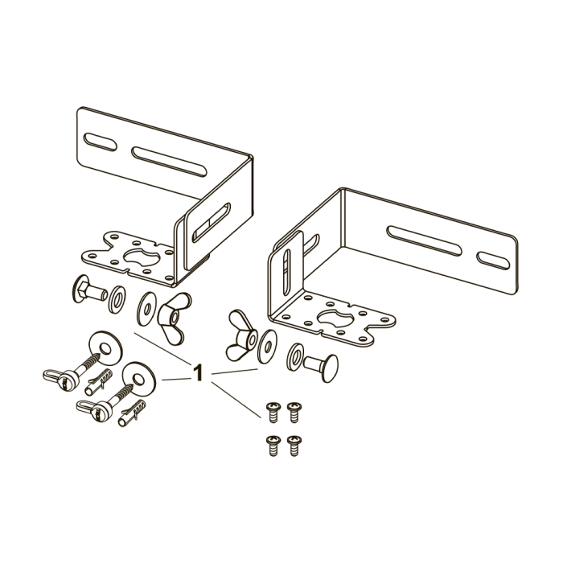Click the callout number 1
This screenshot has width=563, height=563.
point(198,372)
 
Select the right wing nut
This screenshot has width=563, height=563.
point(241,335)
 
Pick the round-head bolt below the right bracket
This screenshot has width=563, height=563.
point(322,367)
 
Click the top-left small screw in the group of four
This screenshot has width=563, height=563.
point(273,412)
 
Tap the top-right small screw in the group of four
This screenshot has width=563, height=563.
point(294,412)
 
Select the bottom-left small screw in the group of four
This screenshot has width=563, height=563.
point(273,446)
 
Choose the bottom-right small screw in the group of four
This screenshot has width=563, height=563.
point(294,446)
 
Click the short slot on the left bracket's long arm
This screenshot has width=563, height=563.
point(101,142)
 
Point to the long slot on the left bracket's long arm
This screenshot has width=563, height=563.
point(169,162)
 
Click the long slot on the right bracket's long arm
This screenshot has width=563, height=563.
point(424,241)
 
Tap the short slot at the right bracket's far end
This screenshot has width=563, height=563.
point(493,261)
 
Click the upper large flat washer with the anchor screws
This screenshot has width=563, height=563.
point(105,348)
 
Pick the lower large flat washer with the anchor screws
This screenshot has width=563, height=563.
point(139,379)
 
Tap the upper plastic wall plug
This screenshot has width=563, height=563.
point(98,382)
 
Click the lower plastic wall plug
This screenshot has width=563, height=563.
point(132,413)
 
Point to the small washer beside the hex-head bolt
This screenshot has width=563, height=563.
point(117,299)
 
